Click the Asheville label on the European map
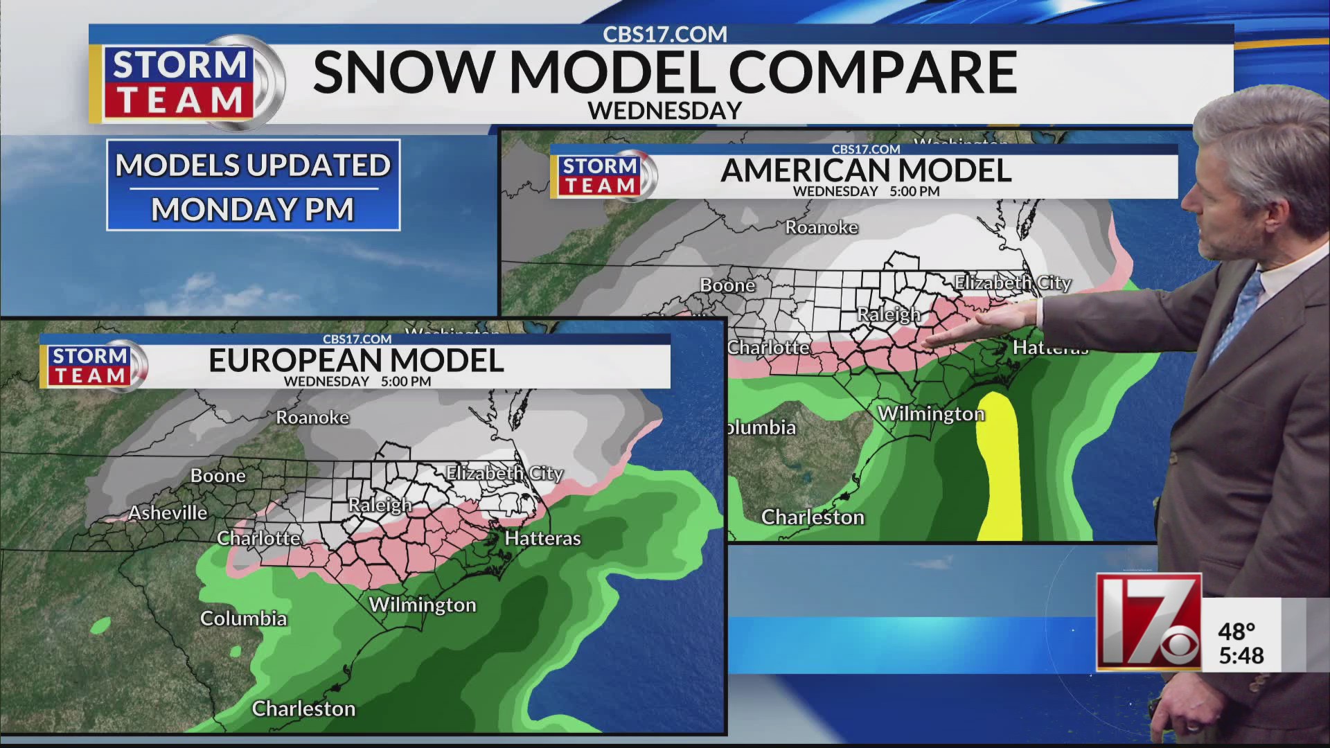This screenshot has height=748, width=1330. coord(168,513)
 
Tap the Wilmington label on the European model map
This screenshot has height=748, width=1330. coord(423,605)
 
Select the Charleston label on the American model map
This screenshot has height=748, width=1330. coord(813,517)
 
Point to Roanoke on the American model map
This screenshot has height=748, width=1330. coord(822,227)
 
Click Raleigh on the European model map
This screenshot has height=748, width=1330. coord(380,505)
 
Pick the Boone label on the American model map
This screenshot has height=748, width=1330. coord(727,285)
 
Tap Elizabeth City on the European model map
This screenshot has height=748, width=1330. coord(504,473)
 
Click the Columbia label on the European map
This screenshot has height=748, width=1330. coord(243,618)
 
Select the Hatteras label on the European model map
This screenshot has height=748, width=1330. coord(542,538)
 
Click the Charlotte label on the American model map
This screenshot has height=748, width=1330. coord(768,347)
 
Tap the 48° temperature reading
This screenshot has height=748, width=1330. coord(1236,632)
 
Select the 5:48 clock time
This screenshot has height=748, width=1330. coord(1241,655)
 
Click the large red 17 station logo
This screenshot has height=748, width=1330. coord(1148,621)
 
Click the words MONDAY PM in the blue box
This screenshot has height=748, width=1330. coord(253,209)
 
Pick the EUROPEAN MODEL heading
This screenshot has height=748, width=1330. coord(356,361)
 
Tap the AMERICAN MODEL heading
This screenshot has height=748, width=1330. coord(866,170)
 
